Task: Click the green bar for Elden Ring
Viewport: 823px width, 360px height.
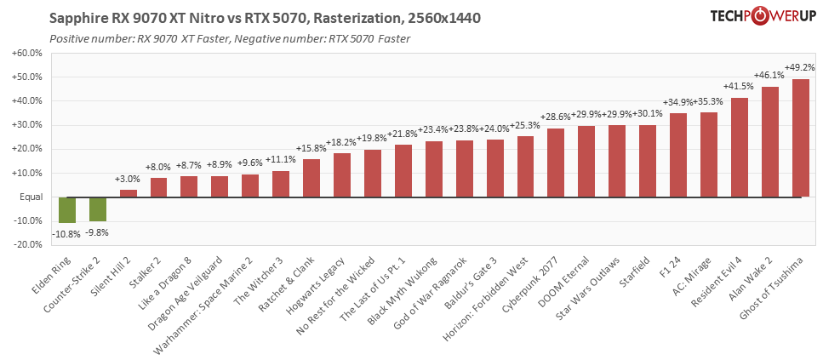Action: (67, 210)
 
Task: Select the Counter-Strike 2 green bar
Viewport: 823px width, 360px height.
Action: (98, 209)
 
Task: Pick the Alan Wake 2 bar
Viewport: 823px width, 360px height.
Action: (769, 142)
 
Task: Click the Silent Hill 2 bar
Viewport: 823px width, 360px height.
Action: (129, 193)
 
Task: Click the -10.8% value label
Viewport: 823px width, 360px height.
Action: (67, 232)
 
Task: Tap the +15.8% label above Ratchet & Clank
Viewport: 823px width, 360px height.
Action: (311, 149)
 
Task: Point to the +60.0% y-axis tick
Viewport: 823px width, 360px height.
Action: (25, 53)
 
